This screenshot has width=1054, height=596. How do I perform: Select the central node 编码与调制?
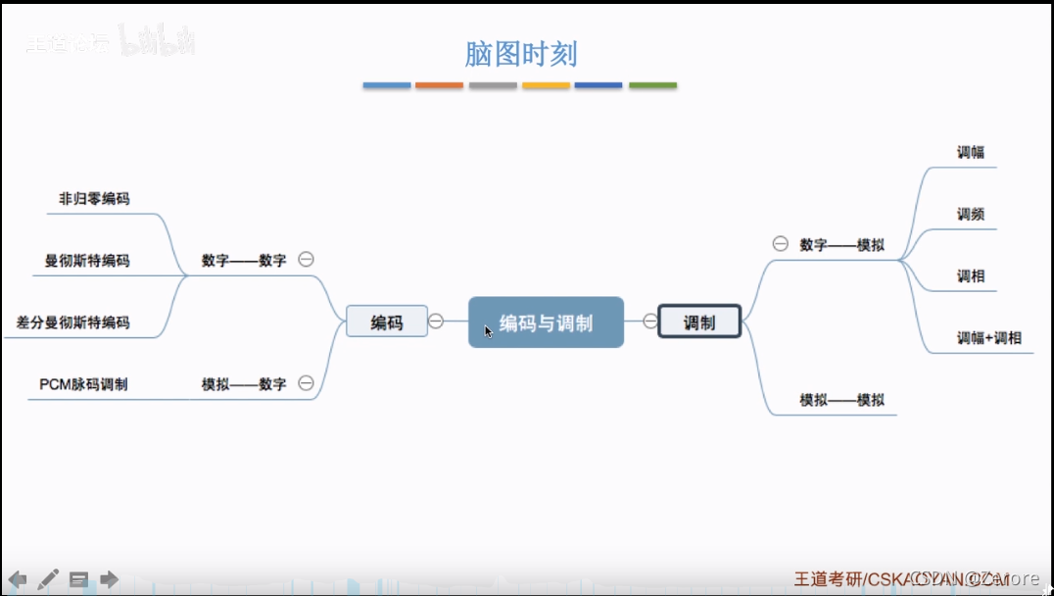tap(546, 323)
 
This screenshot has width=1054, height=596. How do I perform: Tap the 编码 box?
tap(387, 322)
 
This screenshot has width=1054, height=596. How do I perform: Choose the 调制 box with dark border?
tap(699, 322)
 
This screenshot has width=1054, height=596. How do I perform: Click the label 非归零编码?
tap(94, 198)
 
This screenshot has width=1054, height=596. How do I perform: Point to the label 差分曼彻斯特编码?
tap(72, 322)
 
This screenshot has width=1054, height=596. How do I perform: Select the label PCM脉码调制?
tap(83, 383)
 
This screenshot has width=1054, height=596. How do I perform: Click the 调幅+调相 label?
tap(988, 337)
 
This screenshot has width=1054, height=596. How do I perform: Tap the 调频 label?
tap(971, 214)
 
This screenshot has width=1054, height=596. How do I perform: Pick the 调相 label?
tap(971, 275)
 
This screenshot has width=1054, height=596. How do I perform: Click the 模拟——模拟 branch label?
tap(841, 399)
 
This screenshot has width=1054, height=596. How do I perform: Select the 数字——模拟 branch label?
tap(841, 244)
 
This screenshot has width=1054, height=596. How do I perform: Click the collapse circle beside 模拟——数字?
tap(306, 383)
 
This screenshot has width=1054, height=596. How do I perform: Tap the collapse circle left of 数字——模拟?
tap(780, 244)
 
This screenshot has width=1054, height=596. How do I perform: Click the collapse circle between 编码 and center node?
tap(436, 321)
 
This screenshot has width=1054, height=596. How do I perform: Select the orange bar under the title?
tap(439, 85)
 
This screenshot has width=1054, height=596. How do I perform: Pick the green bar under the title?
tap(652, 85)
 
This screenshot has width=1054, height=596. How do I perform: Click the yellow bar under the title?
tap(546, 85)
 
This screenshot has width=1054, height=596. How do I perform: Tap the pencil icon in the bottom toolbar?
tap(48, 579)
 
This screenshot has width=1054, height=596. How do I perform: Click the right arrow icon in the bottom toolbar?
tap(109, 579)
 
